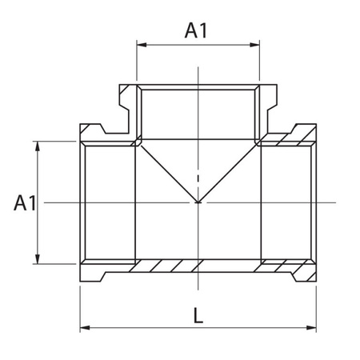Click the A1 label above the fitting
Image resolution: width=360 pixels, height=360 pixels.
pyautogui.click(x=197, y=30)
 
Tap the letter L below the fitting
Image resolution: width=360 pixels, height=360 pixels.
pyautogui.click(x=198, y=315)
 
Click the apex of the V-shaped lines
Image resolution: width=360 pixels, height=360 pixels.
pyautogui.click(x=198, y=202)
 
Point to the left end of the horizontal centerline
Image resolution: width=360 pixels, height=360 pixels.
pyautogui.click(x=46, y=202)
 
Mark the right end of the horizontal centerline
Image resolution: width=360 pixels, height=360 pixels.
pyautogui.click(x=350, y=202)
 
